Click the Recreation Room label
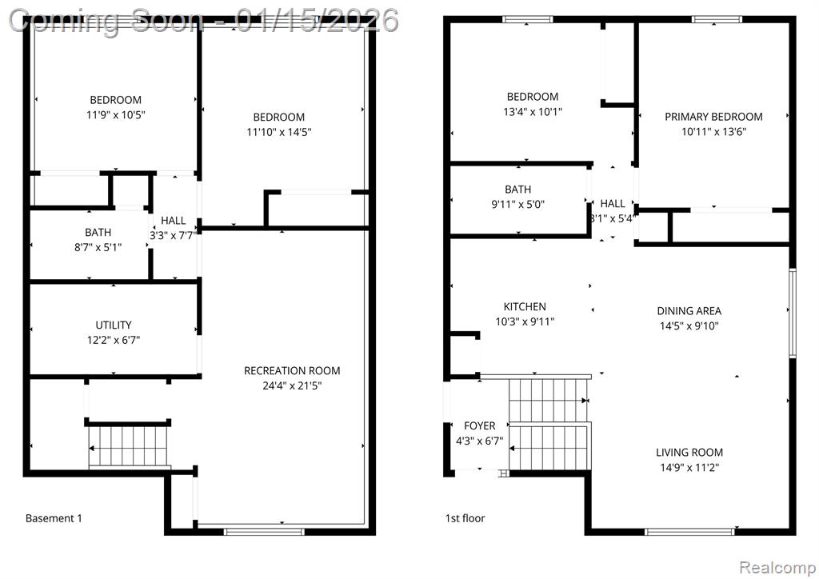coord(292,371)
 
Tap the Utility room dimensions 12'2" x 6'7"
coord(114,340)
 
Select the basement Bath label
coord(98,233)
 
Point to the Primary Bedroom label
coord(713,117)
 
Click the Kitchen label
coord(525,306)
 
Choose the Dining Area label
coord(689,311)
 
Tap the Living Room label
coord(689,453)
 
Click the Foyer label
coord(480,426)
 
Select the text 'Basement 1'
coord(54,518)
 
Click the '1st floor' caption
coord(465,518)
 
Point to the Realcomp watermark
coord(777,567)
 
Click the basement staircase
coord(129,446)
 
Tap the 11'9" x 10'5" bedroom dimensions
coord(115,115)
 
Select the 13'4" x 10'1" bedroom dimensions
coord(533,112)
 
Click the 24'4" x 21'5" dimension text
coord(292,385)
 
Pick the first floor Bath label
coord(517,190)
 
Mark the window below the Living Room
coord(689,532)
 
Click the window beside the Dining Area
coord(792,313)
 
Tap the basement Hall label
coord(174,221)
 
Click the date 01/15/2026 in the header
coord(317,20)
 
